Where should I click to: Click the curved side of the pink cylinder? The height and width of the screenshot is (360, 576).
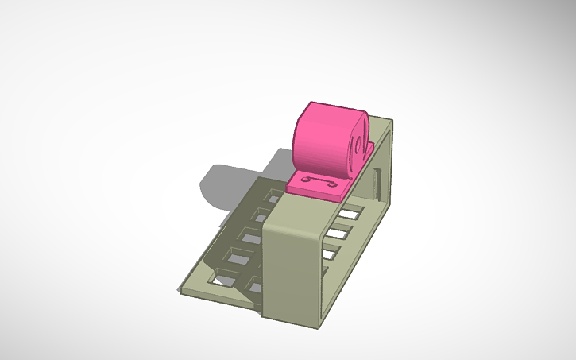(x=322, y=139)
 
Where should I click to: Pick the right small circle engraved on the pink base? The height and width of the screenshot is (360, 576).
(x=333, y=182)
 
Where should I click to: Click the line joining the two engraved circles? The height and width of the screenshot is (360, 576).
(x=319, y=182)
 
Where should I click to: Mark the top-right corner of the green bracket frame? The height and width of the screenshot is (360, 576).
(x=391, y=120)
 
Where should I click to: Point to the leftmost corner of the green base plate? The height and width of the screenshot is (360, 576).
(x=180, y=291)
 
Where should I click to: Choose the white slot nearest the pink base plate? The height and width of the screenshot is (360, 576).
(x=347, y=214)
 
